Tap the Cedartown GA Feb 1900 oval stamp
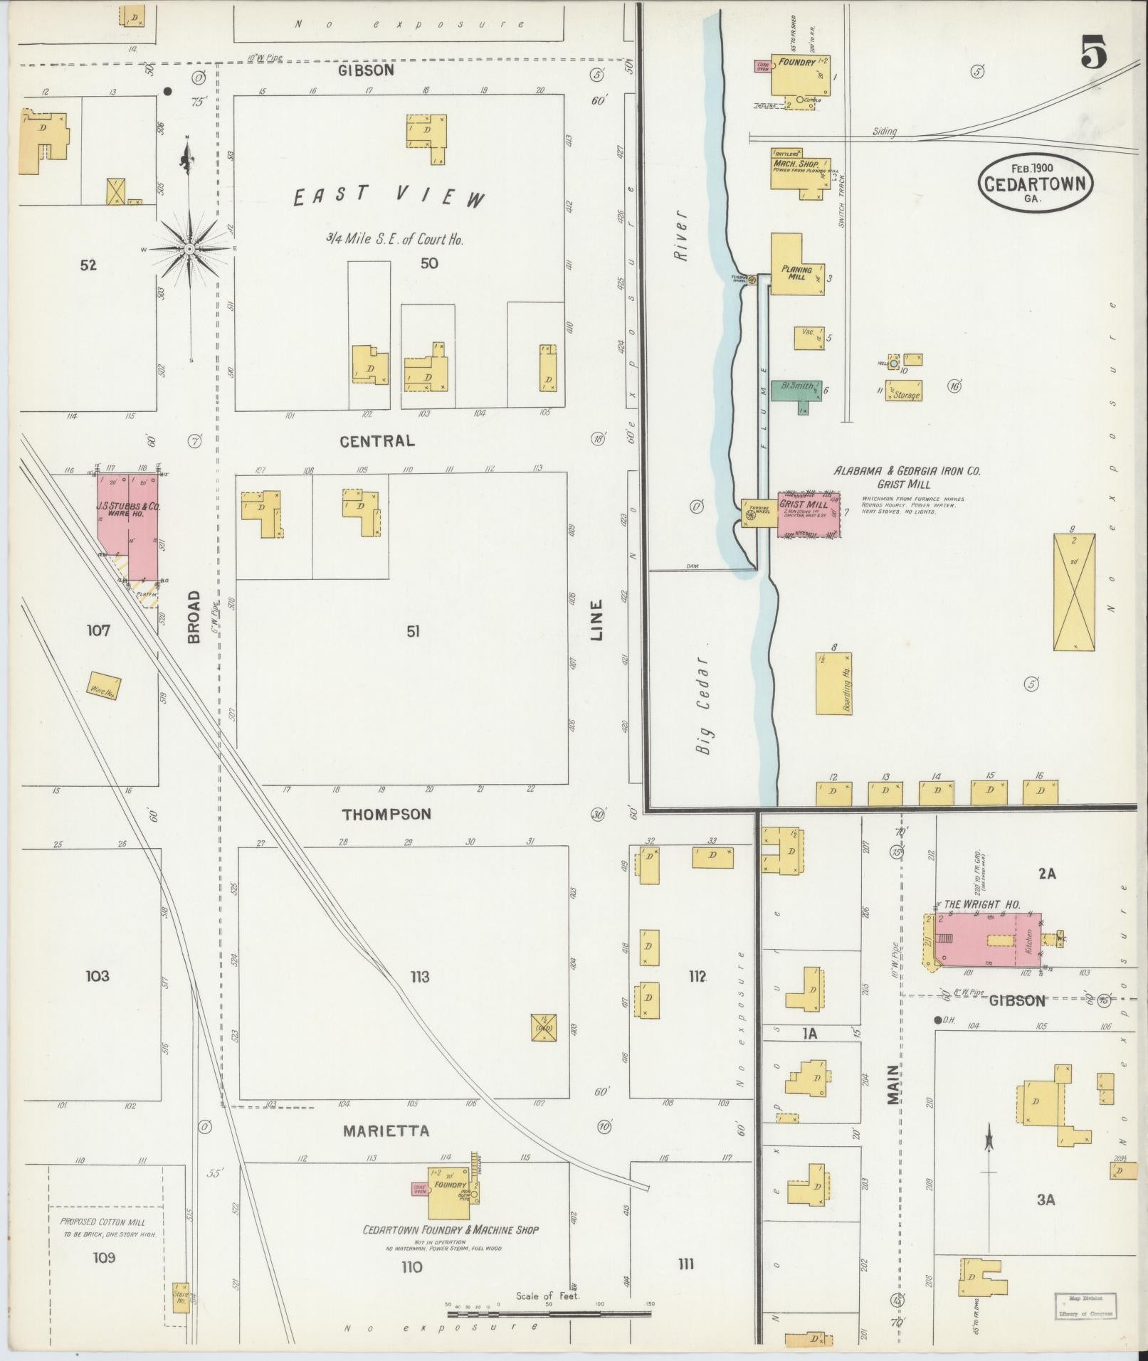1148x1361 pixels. (x=1035, y=183)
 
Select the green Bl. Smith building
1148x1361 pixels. (x=796, y=390)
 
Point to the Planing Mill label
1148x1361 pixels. (x=796, y=272)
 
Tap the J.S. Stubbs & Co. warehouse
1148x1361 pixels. (x=129, y=524)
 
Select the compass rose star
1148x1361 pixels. (x=190, y=250)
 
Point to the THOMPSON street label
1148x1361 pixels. (x=386, y=815)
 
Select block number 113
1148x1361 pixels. (x=420, y=977)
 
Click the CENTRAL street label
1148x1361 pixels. (x=376, y=441)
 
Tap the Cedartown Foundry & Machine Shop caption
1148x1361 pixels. (x=451, y=1229)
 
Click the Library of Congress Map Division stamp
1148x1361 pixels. (x=1085, y=1304)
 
